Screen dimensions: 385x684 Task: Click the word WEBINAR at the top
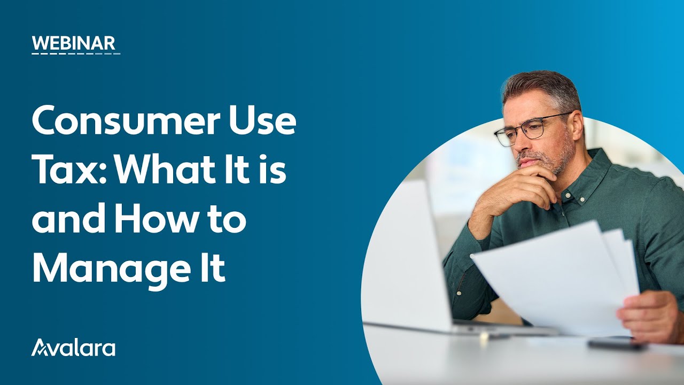click(73, 43)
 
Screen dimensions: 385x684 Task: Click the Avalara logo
click(73, 348)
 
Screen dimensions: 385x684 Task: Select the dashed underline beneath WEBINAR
click(75, 53)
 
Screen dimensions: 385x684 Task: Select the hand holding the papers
click(649, 315)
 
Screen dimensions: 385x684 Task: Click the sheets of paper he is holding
click(556, 273)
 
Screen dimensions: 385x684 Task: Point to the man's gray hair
click(540, 86)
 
